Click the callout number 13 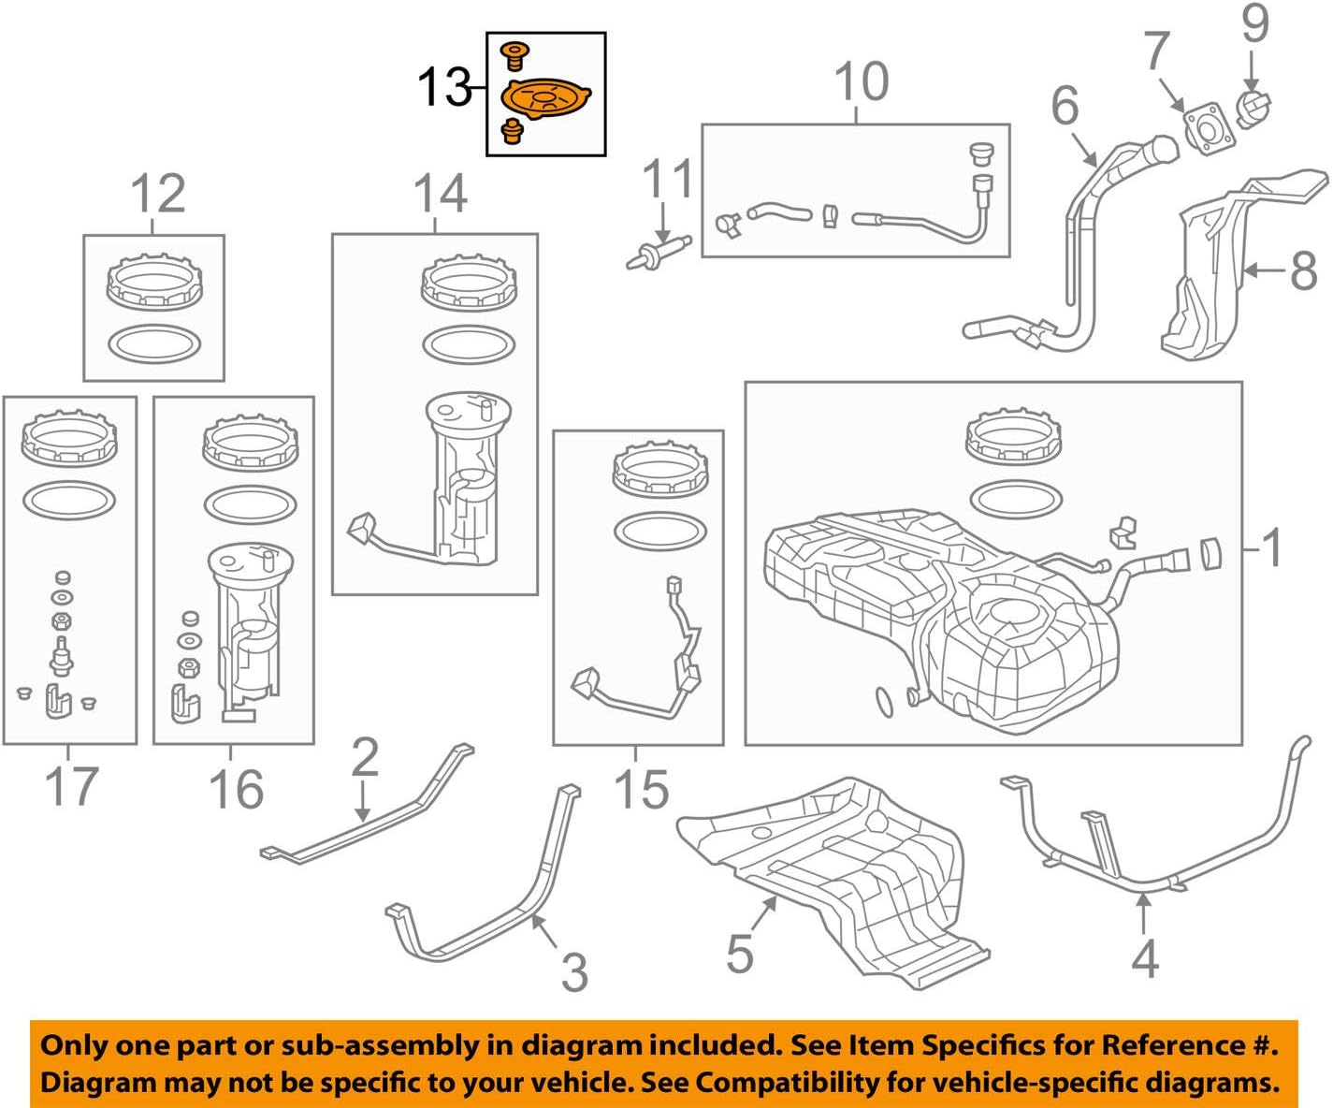click(443, 89)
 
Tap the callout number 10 click(860, 82)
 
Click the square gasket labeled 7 click(1206, 130)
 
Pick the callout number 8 click(1302, 272)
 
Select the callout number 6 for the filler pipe click(1065, 106)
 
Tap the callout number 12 click(157, 196)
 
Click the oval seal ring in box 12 click(154, 343)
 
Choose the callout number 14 click(440, 195)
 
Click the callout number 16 click(235, 788)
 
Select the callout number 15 click(641, 788)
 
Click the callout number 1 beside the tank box click(1271, 548)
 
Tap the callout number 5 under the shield click(739, 953)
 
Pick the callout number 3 click(573, 971)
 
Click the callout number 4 click(1145, 957)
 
